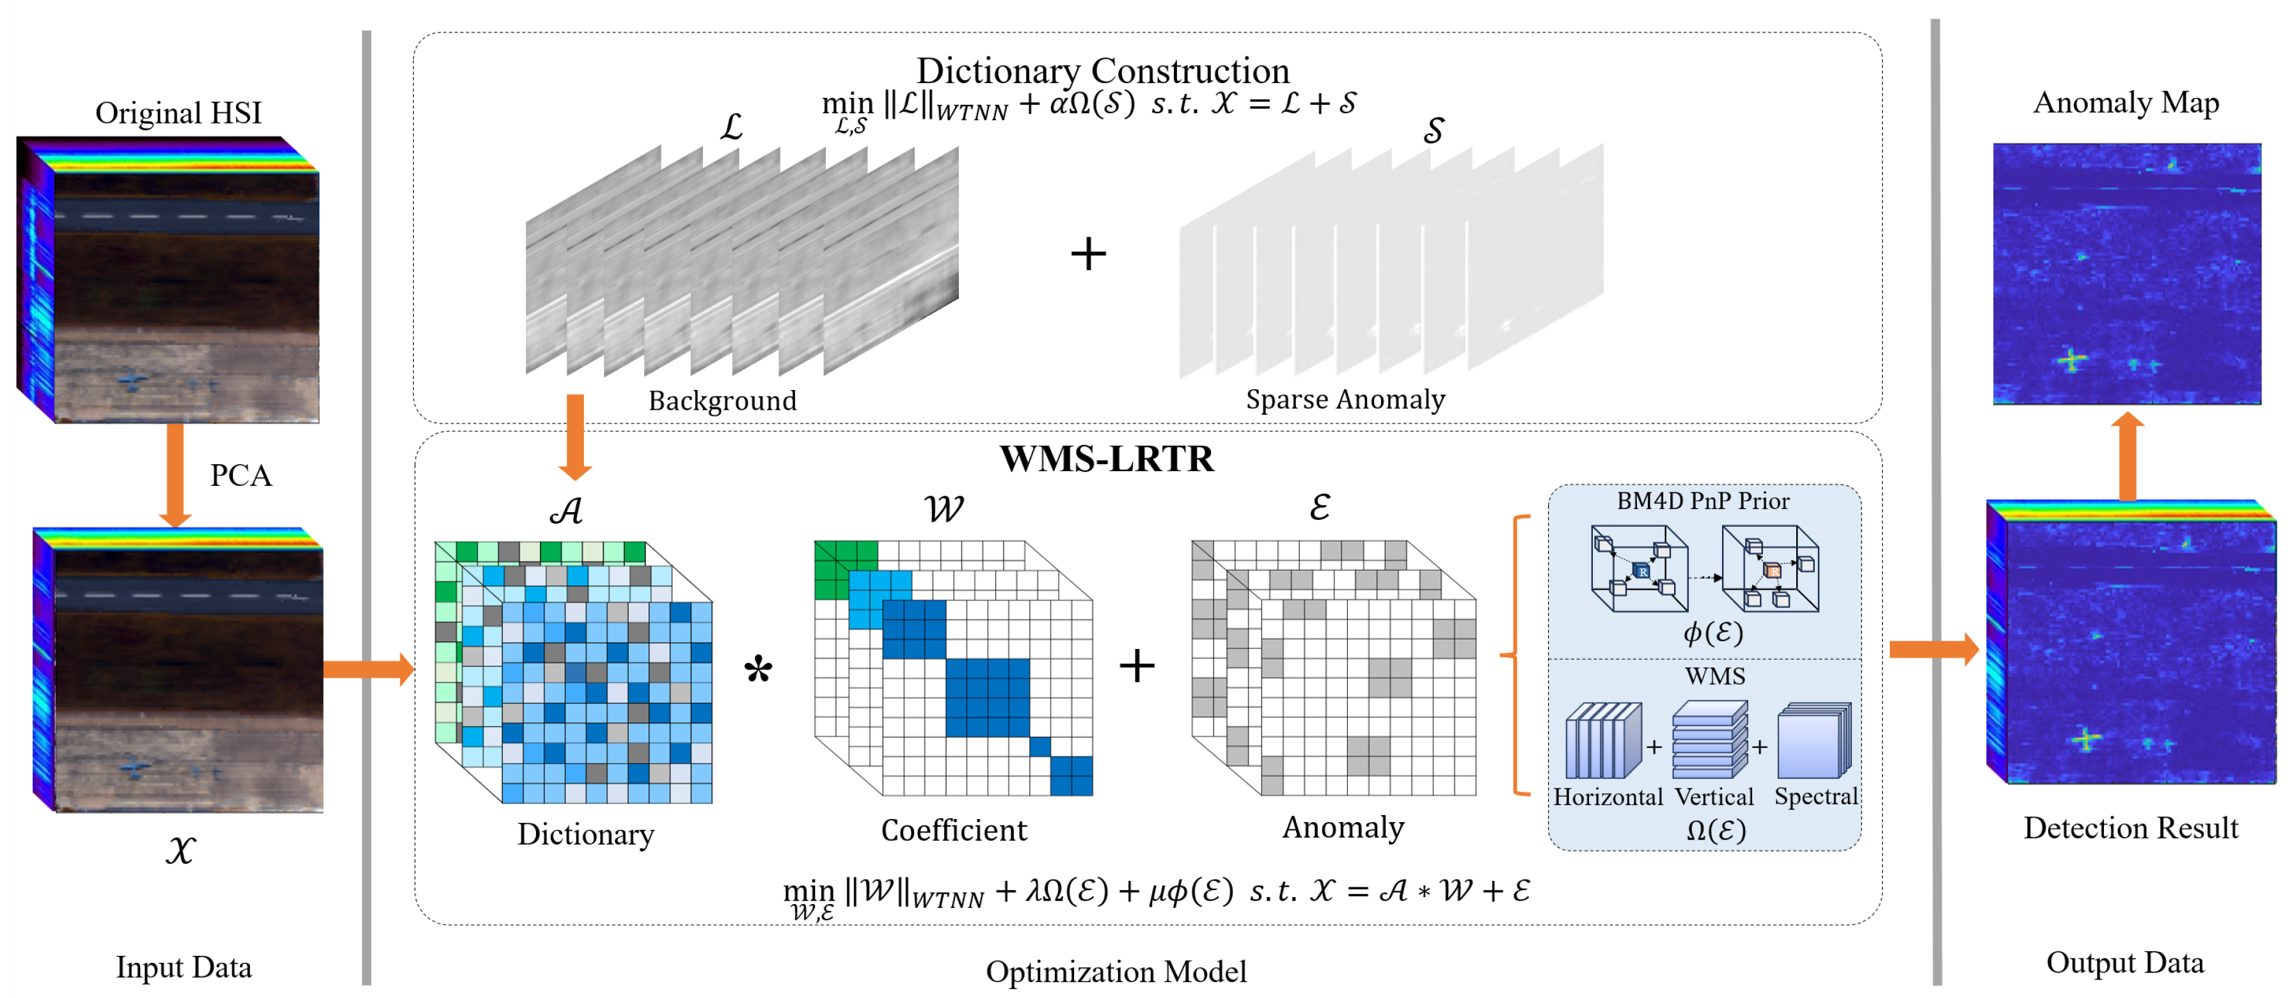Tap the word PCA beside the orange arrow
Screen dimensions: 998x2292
click(241, 475)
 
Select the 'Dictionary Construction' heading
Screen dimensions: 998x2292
click(1102, 71)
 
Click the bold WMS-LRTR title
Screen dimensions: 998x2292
click(1106, 459)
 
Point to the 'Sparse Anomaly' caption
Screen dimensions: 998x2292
click(1345, 400)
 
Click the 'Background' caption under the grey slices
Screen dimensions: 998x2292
click(722, 400)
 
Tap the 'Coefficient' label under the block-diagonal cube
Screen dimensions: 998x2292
click(953, 830)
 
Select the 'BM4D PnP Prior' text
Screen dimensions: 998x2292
click(1702, 501)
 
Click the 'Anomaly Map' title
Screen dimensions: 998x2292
click(2125, 102)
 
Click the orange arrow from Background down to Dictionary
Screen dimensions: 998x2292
click(575, 436)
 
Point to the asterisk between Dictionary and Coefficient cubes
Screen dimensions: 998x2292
click(758, 669)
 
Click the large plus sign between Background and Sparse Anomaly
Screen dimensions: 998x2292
click(1087, 254)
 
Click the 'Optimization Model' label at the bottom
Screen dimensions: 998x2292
click(1115, 971)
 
